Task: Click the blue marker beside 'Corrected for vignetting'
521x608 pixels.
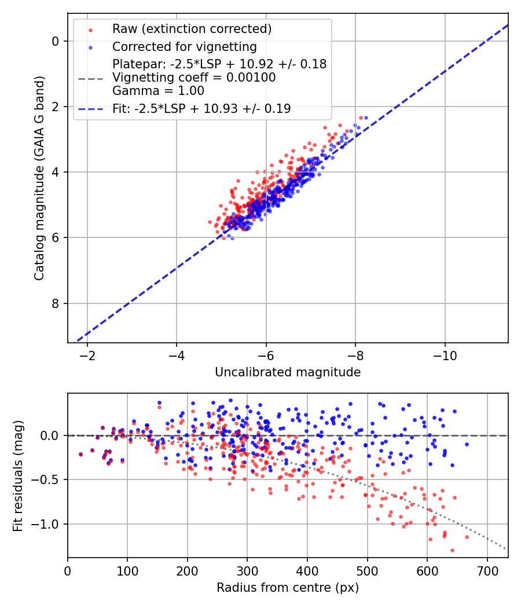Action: tap(90, 47)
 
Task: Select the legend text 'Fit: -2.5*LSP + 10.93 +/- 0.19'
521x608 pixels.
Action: tap(201, 108)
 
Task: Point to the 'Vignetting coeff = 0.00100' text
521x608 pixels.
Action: tap(194, 78)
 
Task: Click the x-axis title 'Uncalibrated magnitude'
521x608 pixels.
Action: tap(288, 372)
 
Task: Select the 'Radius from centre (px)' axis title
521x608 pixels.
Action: tap(288, 588)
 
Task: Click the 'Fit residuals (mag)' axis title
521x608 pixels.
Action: tap(19, 475)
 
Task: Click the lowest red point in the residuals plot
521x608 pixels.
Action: tap(452, 550)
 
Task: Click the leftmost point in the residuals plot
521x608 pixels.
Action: tap(80, 455)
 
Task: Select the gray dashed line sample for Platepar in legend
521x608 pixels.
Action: tap(90, 78)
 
